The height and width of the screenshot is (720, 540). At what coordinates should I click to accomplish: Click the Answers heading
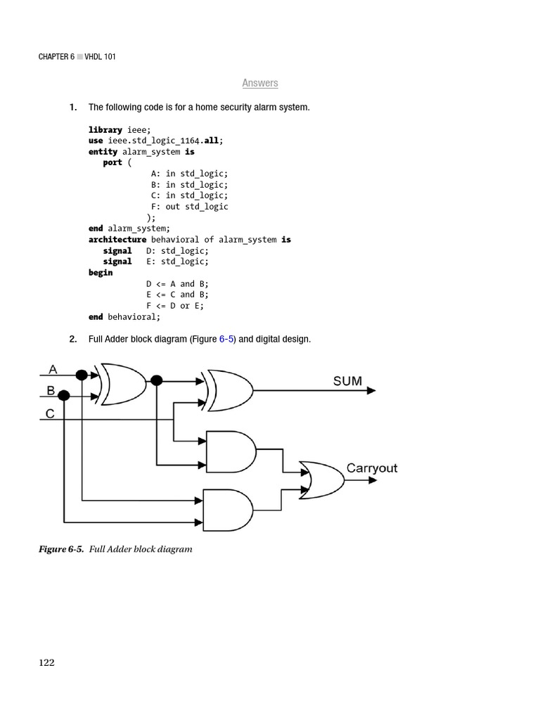tap(260, 83)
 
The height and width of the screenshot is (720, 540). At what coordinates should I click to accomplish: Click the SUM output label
tap(347, 381)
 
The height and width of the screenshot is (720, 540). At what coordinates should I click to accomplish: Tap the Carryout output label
tap(371, 468)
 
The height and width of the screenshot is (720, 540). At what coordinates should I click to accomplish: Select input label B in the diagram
tap(51, 390)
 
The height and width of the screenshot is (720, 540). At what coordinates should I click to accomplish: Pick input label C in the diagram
tap(50, 413)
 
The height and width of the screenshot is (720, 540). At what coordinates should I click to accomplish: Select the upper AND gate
tap(231, 451)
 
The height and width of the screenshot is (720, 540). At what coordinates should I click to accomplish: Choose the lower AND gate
tap(227, 510)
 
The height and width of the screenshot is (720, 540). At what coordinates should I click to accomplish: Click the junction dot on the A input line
tap(82, 375)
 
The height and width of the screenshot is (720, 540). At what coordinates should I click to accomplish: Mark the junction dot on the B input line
tap(64, 396)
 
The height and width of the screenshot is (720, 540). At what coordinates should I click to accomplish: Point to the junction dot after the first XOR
tap(156, 380)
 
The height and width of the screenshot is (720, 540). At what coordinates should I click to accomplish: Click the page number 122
tap(46, 662)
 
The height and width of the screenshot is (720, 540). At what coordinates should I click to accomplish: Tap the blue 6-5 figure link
tap(226, 340)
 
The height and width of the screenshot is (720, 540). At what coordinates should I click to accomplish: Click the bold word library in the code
tap(105, 130)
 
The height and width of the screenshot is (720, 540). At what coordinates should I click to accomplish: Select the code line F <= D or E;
tap(175, 306)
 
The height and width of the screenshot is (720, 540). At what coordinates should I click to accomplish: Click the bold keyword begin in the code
tap(101, 273)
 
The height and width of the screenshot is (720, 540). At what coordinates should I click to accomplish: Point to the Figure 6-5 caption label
tap(61, 549)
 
